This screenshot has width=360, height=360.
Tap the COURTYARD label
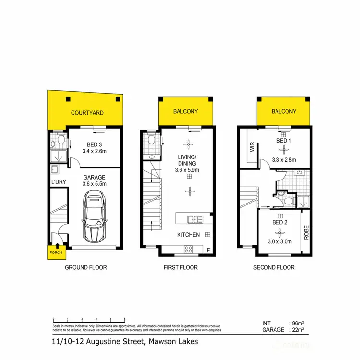tap(87, 113)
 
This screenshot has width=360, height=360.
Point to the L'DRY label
tap(58, 182)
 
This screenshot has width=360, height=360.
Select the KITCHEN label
tap(189, 235)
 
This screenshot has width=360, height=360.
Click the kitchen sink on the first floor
tap(195, 219)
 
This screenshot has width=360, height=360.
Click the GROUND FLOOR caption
tap(86, 267)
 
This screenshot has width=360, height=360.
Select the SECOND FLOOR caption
tap(274, 267)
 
